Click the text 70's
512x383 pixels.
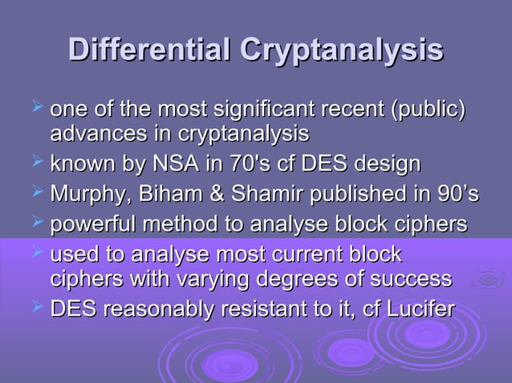point(242,165)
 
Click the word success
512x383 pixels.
point(412,279)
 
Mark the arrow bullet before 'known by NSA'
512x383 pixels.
point(35,164)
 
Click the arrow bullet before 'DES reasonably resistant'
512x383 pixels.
point(35,308)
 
